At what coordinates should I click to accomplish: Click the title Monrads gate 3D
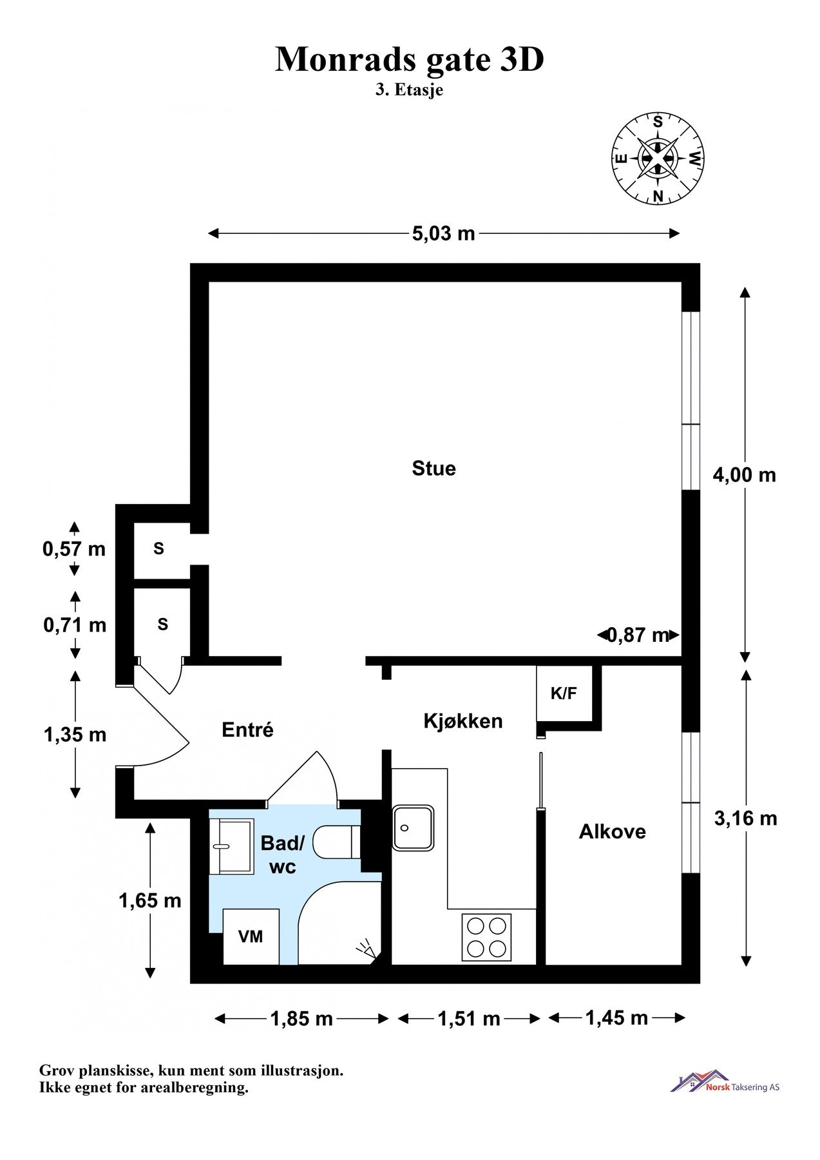click(x=410, y=60)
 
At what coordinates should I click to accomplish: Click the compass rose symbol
click(x=658, y=158)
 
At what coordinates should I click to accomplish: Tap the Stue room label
click(x=434, y=469)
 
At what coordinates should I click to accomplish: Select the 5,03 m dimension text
click(x=443, y=233)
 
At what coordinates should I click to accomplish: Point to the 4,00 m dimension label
click(x=744, y=476)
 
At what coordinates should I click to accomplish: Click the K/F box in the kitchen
click(x=564, y=694)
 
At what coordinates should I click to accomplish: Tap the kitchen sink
click(x=413, y=827)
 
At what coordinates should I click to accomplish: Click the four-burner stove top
click(x=486, y=938)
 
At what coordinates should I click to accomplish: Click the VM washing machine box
click(x=251, y=936)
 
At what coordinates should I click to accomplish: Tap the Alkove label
click(x=612, y=832)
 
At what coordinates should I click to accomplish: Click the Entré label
click(x=247, y=730)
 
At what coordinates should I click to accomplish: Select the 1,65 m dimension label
click(x=150, y=900)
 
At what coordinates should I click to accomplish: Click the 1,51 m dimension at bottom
click(x=469, y=1019)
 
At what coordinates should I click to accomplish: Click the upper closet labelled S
click(x=158, y=548)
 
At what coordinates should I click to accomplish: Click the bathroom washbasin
click(x=232, y=846)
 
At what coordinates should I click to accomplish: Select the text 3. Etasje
click(x=409, y=90)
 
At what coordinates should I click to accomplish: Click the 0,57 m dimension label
click(x=74, y=549)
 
